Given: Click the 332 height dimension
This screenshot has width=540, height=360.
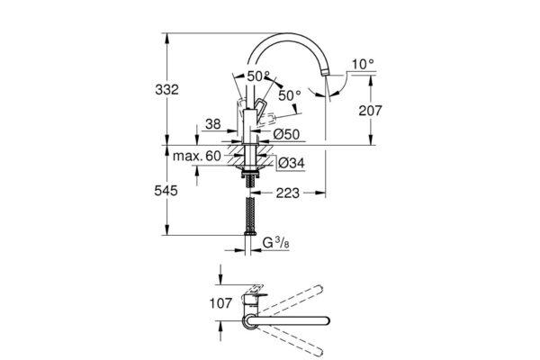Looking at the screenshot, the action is tap(167, 90).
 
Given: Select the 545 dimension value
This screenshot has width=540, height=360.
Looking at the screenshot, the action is tap(166, 191).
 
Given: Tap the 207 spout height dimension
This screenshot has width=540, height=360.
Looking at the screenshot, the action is tap(370, 111).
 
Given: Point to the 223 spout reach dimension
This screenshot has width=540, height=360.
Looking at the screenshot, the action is tap(288, 193).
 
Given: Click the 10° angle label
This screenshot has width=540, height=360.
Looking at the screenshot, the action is tap(363, 64).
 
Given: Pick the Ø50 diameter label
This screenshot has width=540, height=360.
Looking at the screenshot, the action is tap(286, 134).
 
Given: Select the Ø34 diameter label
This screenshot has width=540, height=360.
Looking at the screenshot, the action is tap(292, 163).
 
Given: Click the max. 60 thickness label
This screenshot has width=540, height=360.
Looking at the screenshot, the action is tap(196, 156).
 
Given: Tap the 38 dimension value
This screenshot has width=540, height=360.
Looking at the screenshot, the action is tap(212, 124).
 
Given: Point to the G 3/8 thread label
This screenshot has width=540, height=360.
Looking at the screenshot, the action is tap(276, 243).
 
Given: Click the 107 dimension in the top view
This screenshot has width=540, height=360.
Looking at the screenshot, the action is tap(221, 303).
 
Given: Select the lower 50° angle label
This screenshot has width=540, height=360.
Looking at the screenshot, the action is tap(290, 95).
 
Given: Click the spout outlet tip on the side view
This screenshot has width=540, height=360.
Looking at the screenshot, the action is tap(324, 73).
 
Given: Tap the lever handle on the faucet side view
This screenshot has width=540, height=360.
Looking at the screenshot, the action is tap(260, 107).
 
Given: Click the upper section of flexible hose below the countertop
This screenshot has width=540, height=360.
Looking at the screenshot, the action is tap(250, 180).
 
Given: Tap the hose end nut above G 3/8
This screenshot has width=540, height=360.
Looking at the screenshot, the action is tap(250, 233).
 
